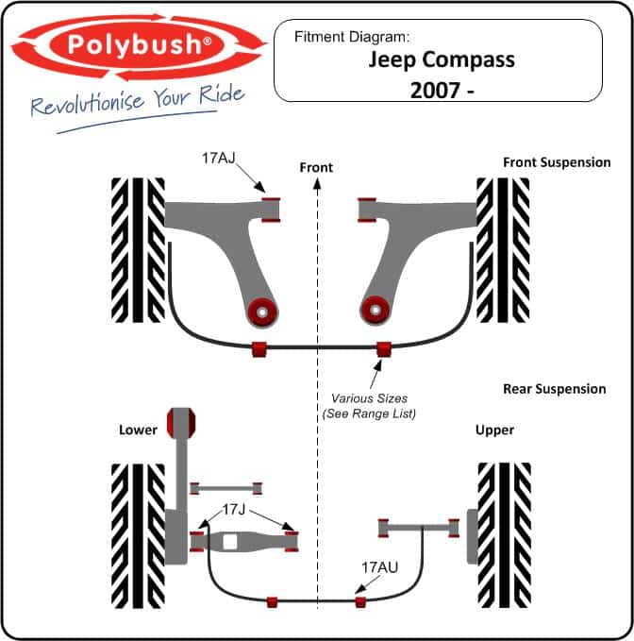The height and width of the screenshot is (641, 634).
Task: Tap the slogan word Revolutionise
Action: [x=88, y=105]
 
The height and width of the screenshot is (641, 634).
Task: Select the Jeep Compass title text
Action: [x=442, y=60]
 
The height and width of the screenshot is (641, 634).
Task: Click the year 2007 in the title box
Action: [x=434, y=91]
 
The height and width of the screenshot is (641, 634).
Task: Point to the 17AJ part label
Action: [x=219, y=158]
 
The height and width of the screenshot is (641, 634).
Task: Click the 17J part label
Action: [x=234, y=510]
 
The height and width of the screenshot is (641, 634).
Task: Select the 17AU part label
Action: [x=379, y=567]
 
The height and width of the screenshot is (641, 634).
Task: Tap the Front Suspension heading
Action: [x=557, y=162]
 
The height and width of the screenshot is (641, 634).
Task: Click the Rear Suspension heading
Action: [x=555, y=389]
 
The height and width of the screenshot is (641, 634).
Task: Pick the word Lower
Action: [x=138, y=430]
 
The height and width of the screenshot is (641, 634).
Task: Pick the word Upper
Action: [x=494, y=430]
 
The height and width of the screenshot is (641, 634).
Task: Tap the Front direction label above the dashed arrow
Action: [x=316, y=167]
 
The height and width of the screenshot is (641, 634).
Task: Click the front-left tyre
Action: [x=138, y=250]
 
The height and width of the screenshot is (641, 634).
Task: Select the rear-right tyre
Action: [x=505, y=535]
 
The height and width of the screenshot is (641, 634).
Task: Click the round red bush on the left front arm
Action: [x=262, y=312]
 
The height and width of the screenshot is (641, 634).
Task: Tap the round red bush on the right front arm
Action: [x=375, y=310]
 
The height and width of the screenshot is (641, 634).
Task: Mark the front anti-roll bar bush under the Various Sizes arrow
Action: [x=384, y=349]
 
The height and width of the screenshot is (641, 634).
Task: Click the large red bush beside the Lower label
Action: [x=181, y=423]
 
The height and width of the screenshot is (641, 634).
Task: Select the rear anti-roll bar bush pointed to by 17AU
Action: [x=359, y=601]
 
